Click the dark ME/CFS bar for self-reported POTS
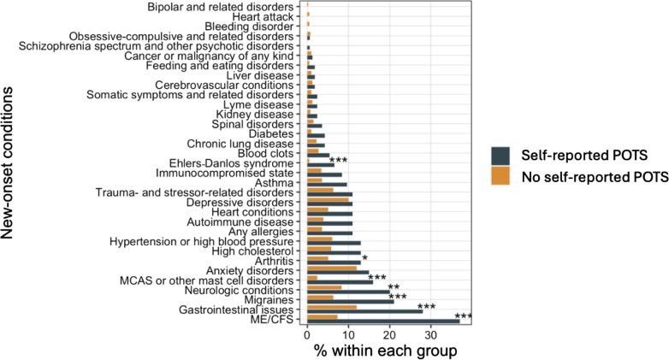(x=383, y=322)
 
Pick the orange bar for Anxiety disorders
(x=332, y=269)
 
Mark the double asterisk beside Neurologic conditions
(x=394, y=288)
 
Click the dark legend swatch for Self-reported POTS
(x=501, y=155)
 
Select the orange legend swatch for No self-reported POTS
(x=501, y=175)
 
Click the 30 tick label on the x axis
(x=432, y=336)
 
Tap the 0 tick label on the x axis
(x=307, y=336)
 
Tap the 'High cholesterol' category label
(x=253, y=252)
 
